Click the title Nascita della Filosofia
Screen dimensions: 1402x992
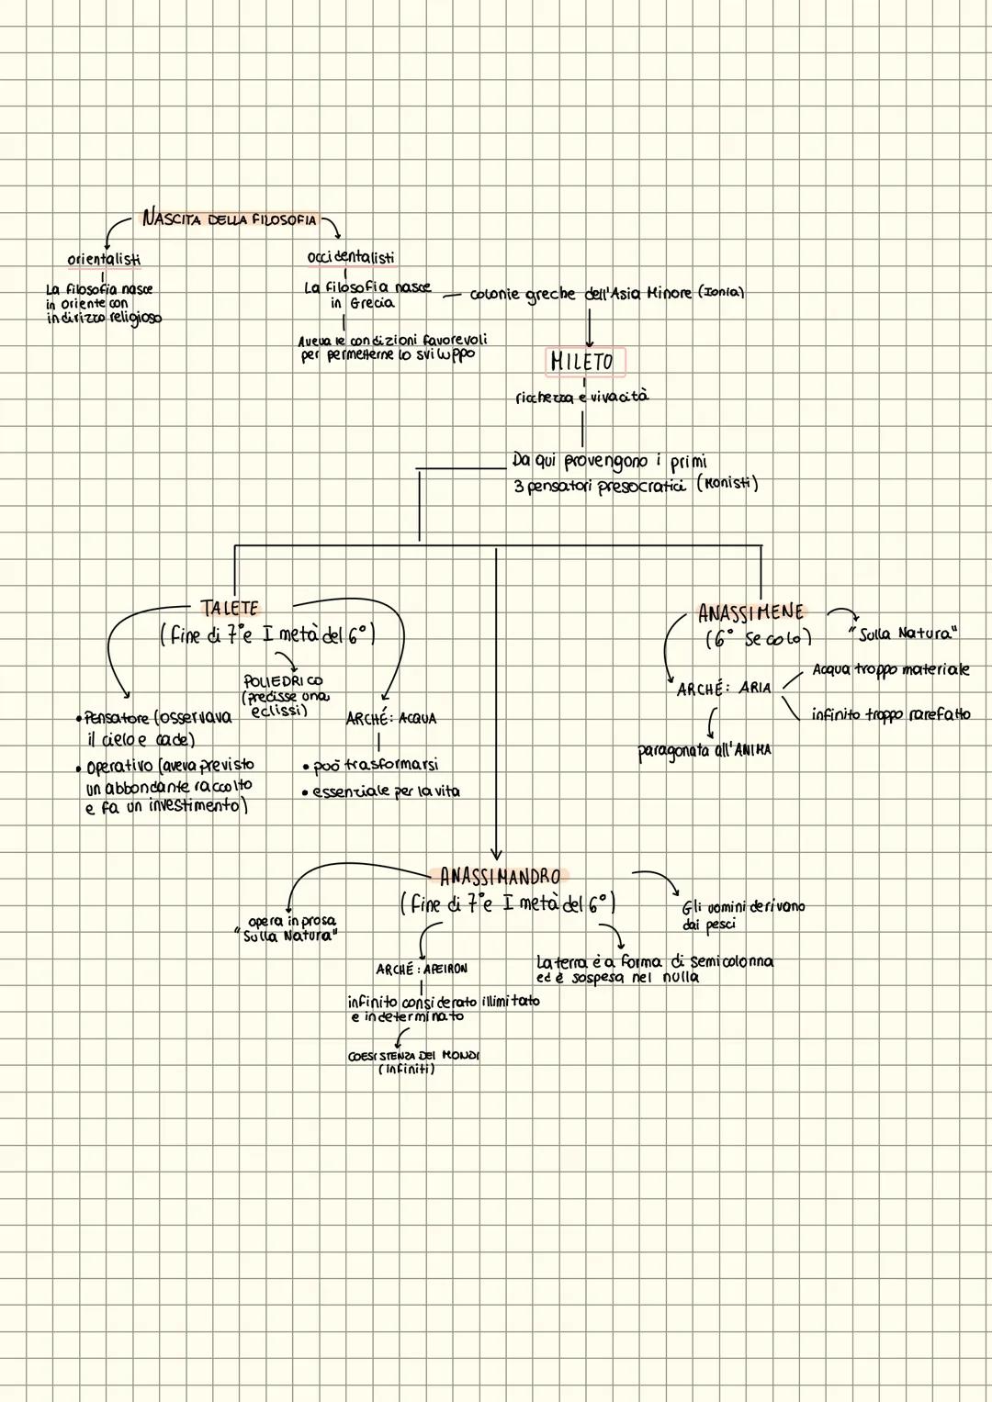click(229, 219)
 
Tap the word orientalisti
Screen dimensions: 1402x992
click(104, 259)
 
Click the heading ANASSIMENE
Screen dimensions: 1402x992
click(750, 612)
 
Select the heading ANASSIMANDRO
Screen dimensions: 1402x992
click(500, 875)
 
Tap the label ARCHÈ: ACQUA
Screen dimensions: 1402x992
click(390, 718)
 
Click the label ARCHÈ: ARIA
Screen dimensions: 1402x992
click(724, 688)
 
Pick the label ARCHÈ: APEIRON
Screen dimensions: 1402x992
click(422, 969)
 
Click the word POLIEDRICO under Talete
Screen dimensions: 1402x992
click(282, 681)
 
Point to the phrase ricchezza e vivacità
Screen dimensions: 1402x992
click(581, 398)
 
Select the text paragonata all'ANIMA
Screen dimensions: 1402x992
click(705, 751)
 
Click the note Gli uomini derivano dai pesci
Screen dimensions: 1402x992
click(742, 914)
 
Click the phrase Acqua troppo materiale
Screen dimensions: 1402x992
click(890, 669)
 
